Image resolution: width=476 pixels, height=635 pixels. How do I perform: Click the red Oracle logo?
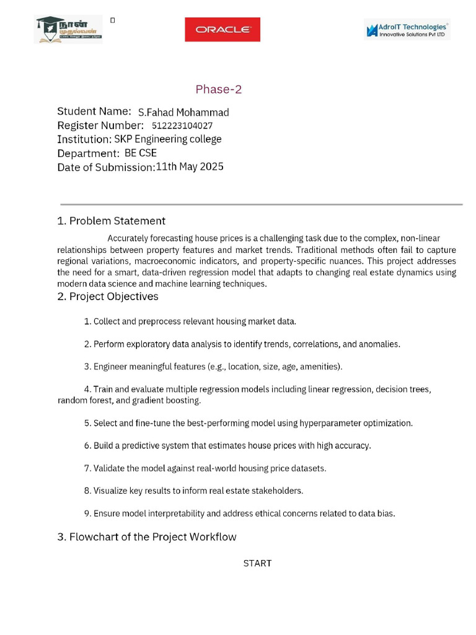point(223,29)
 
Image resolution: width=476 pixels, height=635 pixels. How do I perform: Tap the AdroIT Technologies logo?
point(407,29)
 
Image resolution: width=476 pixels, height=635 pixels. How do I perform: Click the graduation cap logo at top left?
point(68,29)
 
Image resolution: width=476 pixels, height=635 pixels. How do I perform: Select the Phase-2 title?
point(219,89)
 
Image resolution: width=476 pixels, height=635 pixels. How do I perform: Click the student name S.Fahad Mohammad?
point(183,112)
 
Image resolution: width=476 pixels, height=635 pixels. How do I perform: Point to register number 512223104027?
point(182,125)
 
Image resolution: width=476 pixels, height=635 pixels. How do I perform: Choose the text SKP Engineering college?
point(167,139)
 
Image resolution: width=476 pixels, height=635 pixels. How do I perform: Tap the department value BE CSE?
point(141,153)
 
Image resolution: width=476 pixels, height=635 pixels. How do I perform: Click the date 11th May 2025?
point(190,166)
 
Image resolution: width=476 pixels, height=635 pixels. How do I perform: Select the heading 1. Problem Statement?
point(111,221)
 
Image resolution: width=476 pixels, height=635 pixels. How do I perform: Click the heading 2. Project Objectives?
point(108,296)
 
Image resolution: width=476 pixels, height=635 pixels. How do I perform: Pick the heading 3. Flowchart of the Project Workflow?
point(147,537)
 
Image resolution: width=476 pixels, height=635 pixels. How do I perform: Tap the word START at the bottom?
point(257,563)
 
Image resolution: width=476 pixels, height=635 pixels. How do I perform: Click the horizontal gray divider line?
point(261,204)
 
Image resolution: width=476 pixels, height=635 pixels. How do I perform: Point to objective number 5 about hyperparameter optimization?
point(248,423)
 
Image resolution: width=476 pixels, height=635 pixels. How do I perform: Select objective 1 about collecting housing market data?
point(190,321)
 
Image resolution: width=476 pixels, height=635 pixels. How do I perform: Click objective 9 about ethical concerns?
point(239,513)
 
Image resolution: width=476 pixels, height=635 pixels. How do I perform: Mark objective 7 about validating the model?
point(205,468)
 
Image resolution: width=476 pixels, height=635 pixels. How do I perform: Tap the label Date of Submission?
point(106,167)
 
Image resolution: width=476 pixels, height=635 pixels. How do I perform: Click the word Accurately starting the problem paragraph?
point(128,238)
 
